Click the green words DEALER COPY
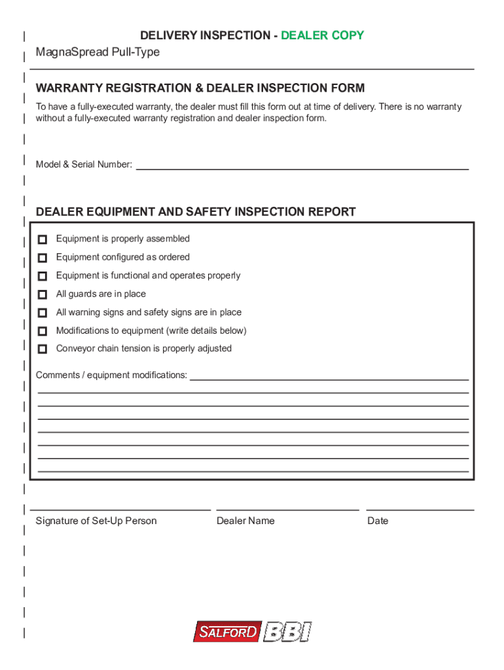pyautogui.click(x=322, y=35)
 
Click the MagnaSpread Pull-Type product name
pyautogui.click(x=98, y=52)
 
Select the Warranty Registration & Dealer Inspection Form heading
pyautogui.click(x=200, y=88)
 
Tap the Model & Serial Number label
pyautogui.click(x=84, y=165)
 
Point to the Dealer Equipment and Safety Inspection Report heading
pyautogui.click(x=196, y=212)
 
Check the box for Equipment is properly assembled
pyautogui.click(x=43, y=239)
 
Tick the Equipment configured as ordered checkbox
pyautogui.click(x=43, y=258)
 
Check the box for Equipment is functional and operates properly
pyautogui.click(x=43, y=276)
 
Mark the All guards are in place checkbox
pyautogui.click(x=43, y=294)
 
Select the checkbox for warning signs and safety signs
pyautogui.click(x=43, y=313)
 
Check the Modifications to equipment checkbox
pyautogui.click(x=43, y=331)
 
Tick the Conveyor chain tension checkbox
pyautogui.click(x=43, y=349)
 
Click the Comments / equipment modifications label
pyautogui.click(x=111, y=376)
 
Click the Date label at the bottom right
pyautogui.click(x=378, y=521)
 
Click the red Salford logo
pyautogui.click(x=227, y=633)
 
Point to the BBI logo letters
pyautogui.click(x=287, y=632)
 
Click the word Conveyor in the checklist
pyautogui.click(x=75, y=349)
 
